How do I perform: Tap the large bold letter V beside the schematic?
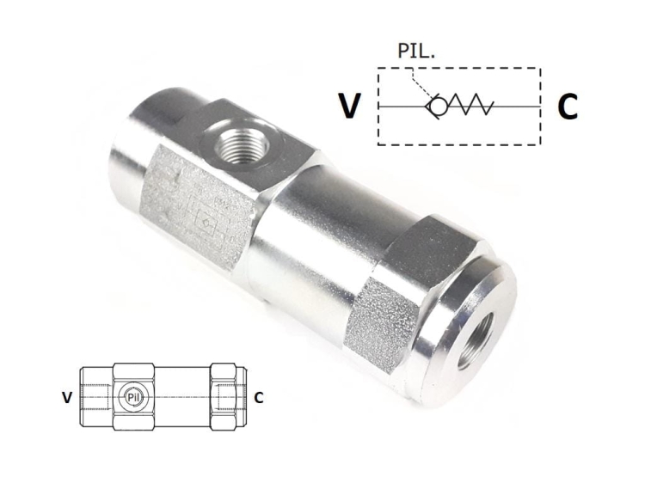point(348,106)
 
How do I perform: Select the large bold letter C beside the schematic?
point(567,107)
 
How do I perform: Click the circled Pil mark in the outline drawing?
point(132,397)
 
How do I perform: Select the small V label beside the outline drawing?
point(66,398)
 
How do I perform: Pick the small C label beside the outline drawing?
point(258,398)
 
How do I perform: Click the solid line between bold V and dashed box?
point(371,107)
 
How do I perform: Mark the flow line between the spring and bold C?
point(516,107)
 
